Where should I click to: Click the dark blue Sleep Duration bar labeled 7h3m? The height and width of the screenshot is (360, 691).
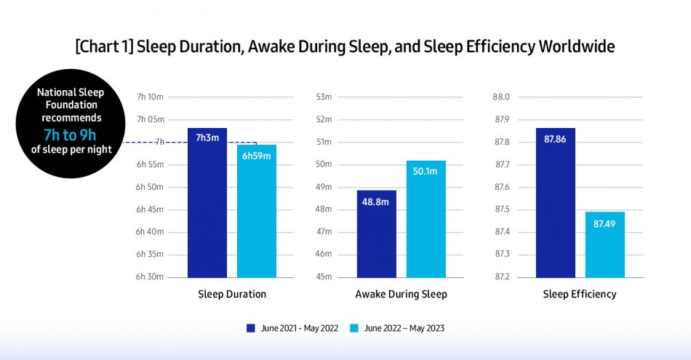[x=207, y=203]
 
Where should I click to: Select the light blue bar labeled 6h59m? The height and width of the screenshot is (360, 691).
[x=257, y=211]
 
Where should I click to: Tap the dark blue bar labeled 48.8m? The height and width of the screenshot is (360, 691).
[x=377, y=233]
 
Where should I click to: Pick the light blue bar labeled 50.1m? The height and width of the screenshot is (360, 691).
[x=426, y=219]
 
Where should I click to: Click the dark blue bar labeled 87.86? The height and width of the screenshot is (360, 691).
[x=556, y=203]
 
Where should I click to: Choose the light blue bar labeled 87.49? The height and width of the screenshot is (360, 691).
[x=605, y=244]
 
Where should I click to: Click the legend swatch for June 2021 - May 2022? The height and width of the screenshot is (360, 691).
[x=251, y=328]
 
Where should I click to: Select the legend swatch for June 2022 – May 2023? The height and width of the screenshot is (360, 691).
[x=355, y=328]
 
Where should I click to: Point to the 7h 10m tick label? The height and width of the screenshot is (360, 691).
[x=150, y=97]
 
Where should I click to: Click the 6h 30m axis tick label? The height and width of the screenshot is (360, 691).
[x=150, y=277]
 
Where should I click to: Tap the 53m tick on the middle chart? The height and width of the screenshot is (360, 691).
[x=324, y=97]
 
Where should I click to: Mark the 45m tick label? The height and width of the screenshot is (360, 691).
[x=324, y=277]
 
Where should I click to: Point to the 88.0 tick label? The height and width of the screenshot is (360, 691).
[x=502, y=97]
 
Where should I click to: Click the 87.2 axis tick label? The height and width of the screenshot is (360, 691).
[x=502, y=277]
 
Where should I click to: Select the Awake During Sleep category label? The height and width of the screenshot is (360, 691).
[x=401, y=295]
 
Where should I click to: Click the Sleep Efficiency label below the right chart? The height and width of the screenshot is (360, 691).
[x=580, y=295]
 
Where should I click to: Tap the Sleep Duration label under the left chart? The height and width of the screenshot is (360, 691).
[x=232, y=295]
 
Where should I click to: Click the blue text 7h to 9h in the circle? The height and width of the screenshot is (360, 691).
[x=71, y=134]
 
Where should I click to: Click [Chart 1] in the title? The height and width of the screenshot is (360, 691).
[x=105, y=47]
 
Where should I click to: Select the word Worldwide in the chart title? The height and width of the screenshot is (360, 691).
[x=576, y=47]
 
